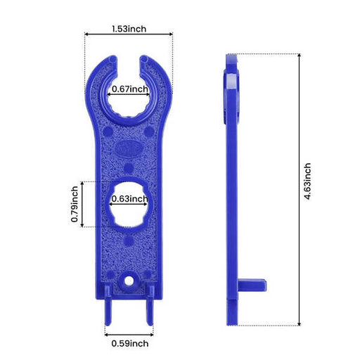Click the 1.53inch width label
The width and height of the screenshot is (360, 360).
[128, 29]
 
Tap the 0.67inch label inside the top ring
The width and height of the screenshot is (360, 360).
[129, 89]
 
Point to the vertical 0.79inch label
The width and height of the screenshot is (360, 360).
[75, 204]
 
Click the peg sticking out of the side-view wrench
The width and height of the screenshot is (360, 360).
[255, 283]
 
